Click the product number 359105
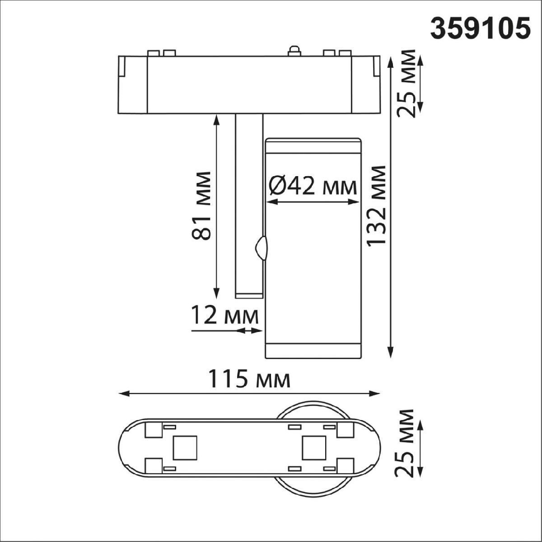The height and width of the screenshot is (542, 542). coord(479,29)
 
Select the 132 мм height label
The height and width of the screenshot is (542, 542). coord(377,206)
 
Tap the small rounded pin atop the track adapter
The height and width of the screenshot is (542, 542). coord(294,51)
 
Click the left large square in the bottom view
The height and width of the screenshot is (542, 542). coord(185,448)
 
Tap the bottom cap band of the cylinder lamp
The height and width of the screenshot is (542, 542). coord(313,351)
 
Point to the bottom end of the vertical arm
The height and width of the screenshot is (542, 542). coord(248,295)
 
